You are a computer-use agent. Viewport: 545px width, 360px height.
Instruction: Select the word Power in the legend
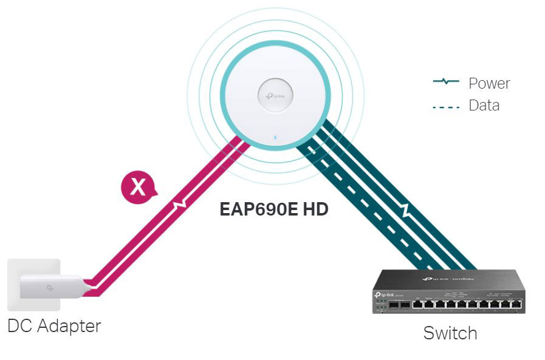[489, 83]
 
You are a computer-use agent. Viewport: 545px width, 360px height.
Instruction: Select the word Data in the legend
[484, 106]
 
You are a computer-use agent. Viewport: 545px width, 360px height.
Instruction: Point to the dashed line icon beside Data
[445, 107]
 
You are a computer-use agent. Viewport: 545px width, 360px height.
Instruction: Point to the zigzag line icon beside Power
[445, 81]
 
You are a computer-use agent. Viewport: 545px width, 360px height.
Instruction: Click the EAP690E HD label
[274, 211]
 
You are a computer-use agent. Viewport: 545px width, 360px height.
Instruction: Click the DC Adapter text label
[54, 326]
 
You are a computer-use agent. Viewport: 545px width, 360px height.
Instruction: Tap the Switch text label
[450, 333]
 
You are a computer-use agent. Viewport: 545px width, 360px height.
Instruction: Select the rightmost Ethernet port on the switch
[516, 303]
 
